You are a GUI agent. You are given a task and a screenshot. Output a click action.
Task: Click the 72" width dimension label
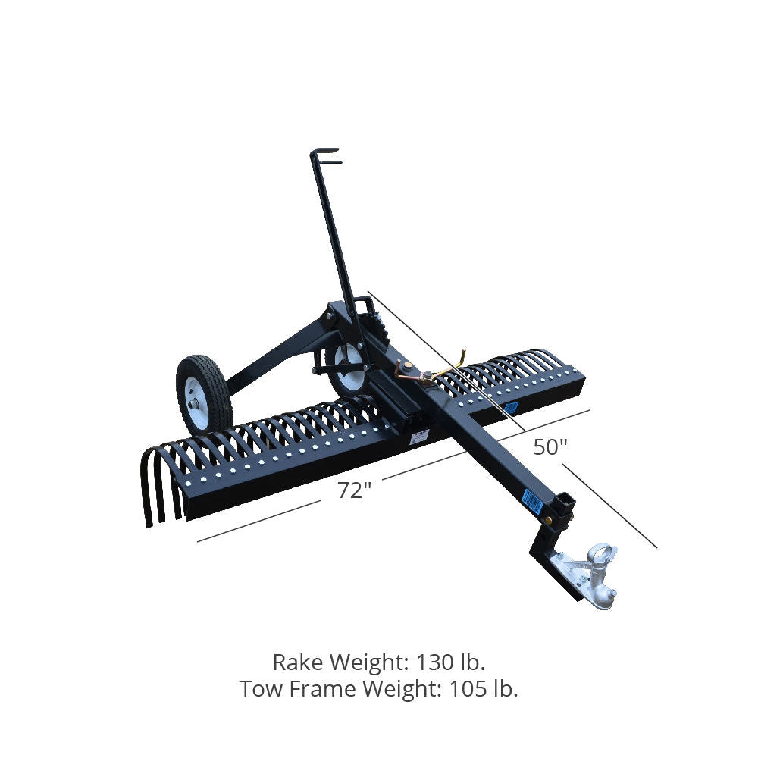[354, 490]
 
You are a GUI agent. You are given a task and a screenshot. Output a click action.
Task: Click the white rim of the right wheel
[349, 368]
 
